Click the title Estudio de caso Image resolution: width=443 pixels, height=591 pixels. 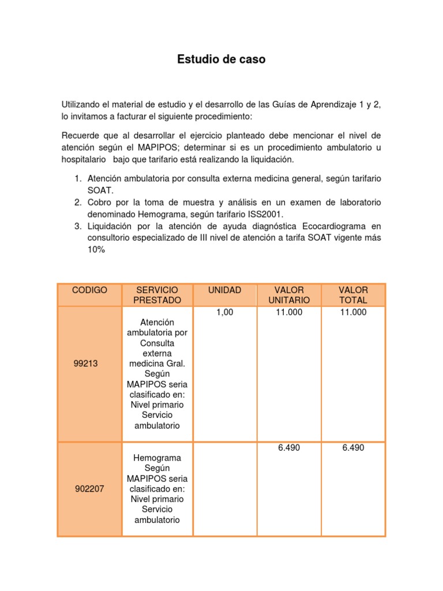pyautogui.click(x=221, y=59)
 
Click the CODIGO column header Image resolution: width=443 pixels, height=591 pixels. pyautogui.click(x=89, y=290)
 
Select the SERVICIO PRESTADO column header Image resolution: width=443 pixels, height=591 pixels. pyautogui.click(x=157, y=295)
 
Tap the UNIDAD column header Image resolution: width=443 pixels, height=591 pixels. pyautogui.click(x=225, y=290)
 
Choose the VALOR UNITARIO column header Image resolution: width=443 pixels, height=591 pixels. pyautogui.click(x=289, y=295)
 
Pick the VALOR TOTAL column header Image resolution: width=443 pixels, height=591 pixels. pyautogui.click(x=353, y=295)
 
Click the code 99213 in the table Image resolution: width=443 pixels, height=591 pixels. pyautogui.click(x=87, y=364)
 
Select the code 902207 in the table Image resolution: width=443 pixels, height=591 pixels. pyautogui.click(x=89, y=489)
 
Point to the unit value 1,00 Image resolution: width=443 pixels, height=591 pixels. pyautogui.click(x=225, y=312)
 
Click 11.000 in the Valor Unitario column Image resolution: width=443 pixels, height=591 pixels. pyautogui.click(x=289, y=312)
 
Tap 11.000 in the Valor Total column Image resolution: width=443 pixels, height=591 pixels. pyautogui.click(x=353, y=312)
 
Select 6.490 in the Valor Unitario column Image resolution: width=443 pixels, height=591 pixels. pyautogui.click(x=289, y=447)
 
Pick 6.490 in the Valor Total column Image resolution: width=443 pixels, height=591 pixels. pyautogui.click(x=353, y=447)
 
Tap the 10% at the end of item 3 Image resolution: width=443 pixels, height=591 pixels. pyautogui.click(x=96, y=250)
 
